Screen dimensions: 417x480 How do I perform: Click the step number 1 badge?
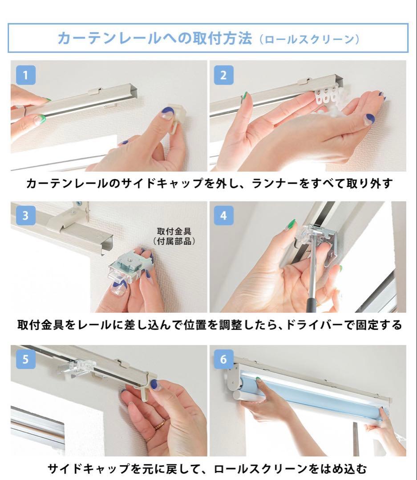click(25, 75)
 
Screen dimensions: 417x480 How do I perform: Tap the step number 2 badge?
click(223, 75)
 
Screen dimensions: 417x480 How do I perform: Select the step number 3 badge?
click(25, 215)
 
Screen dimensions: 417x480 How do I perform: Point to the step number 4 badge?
click(223, 215)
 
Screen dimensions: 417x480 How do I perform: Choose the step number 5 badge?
click(25, 359)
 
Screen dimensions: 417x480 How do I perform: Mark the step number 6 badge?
click(223, 359)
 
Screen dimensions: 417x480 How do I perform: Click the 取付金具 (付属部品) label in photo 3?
click(174, 236)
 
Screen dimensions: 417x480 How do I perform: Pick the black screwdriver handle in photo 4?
click(311, 304)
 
